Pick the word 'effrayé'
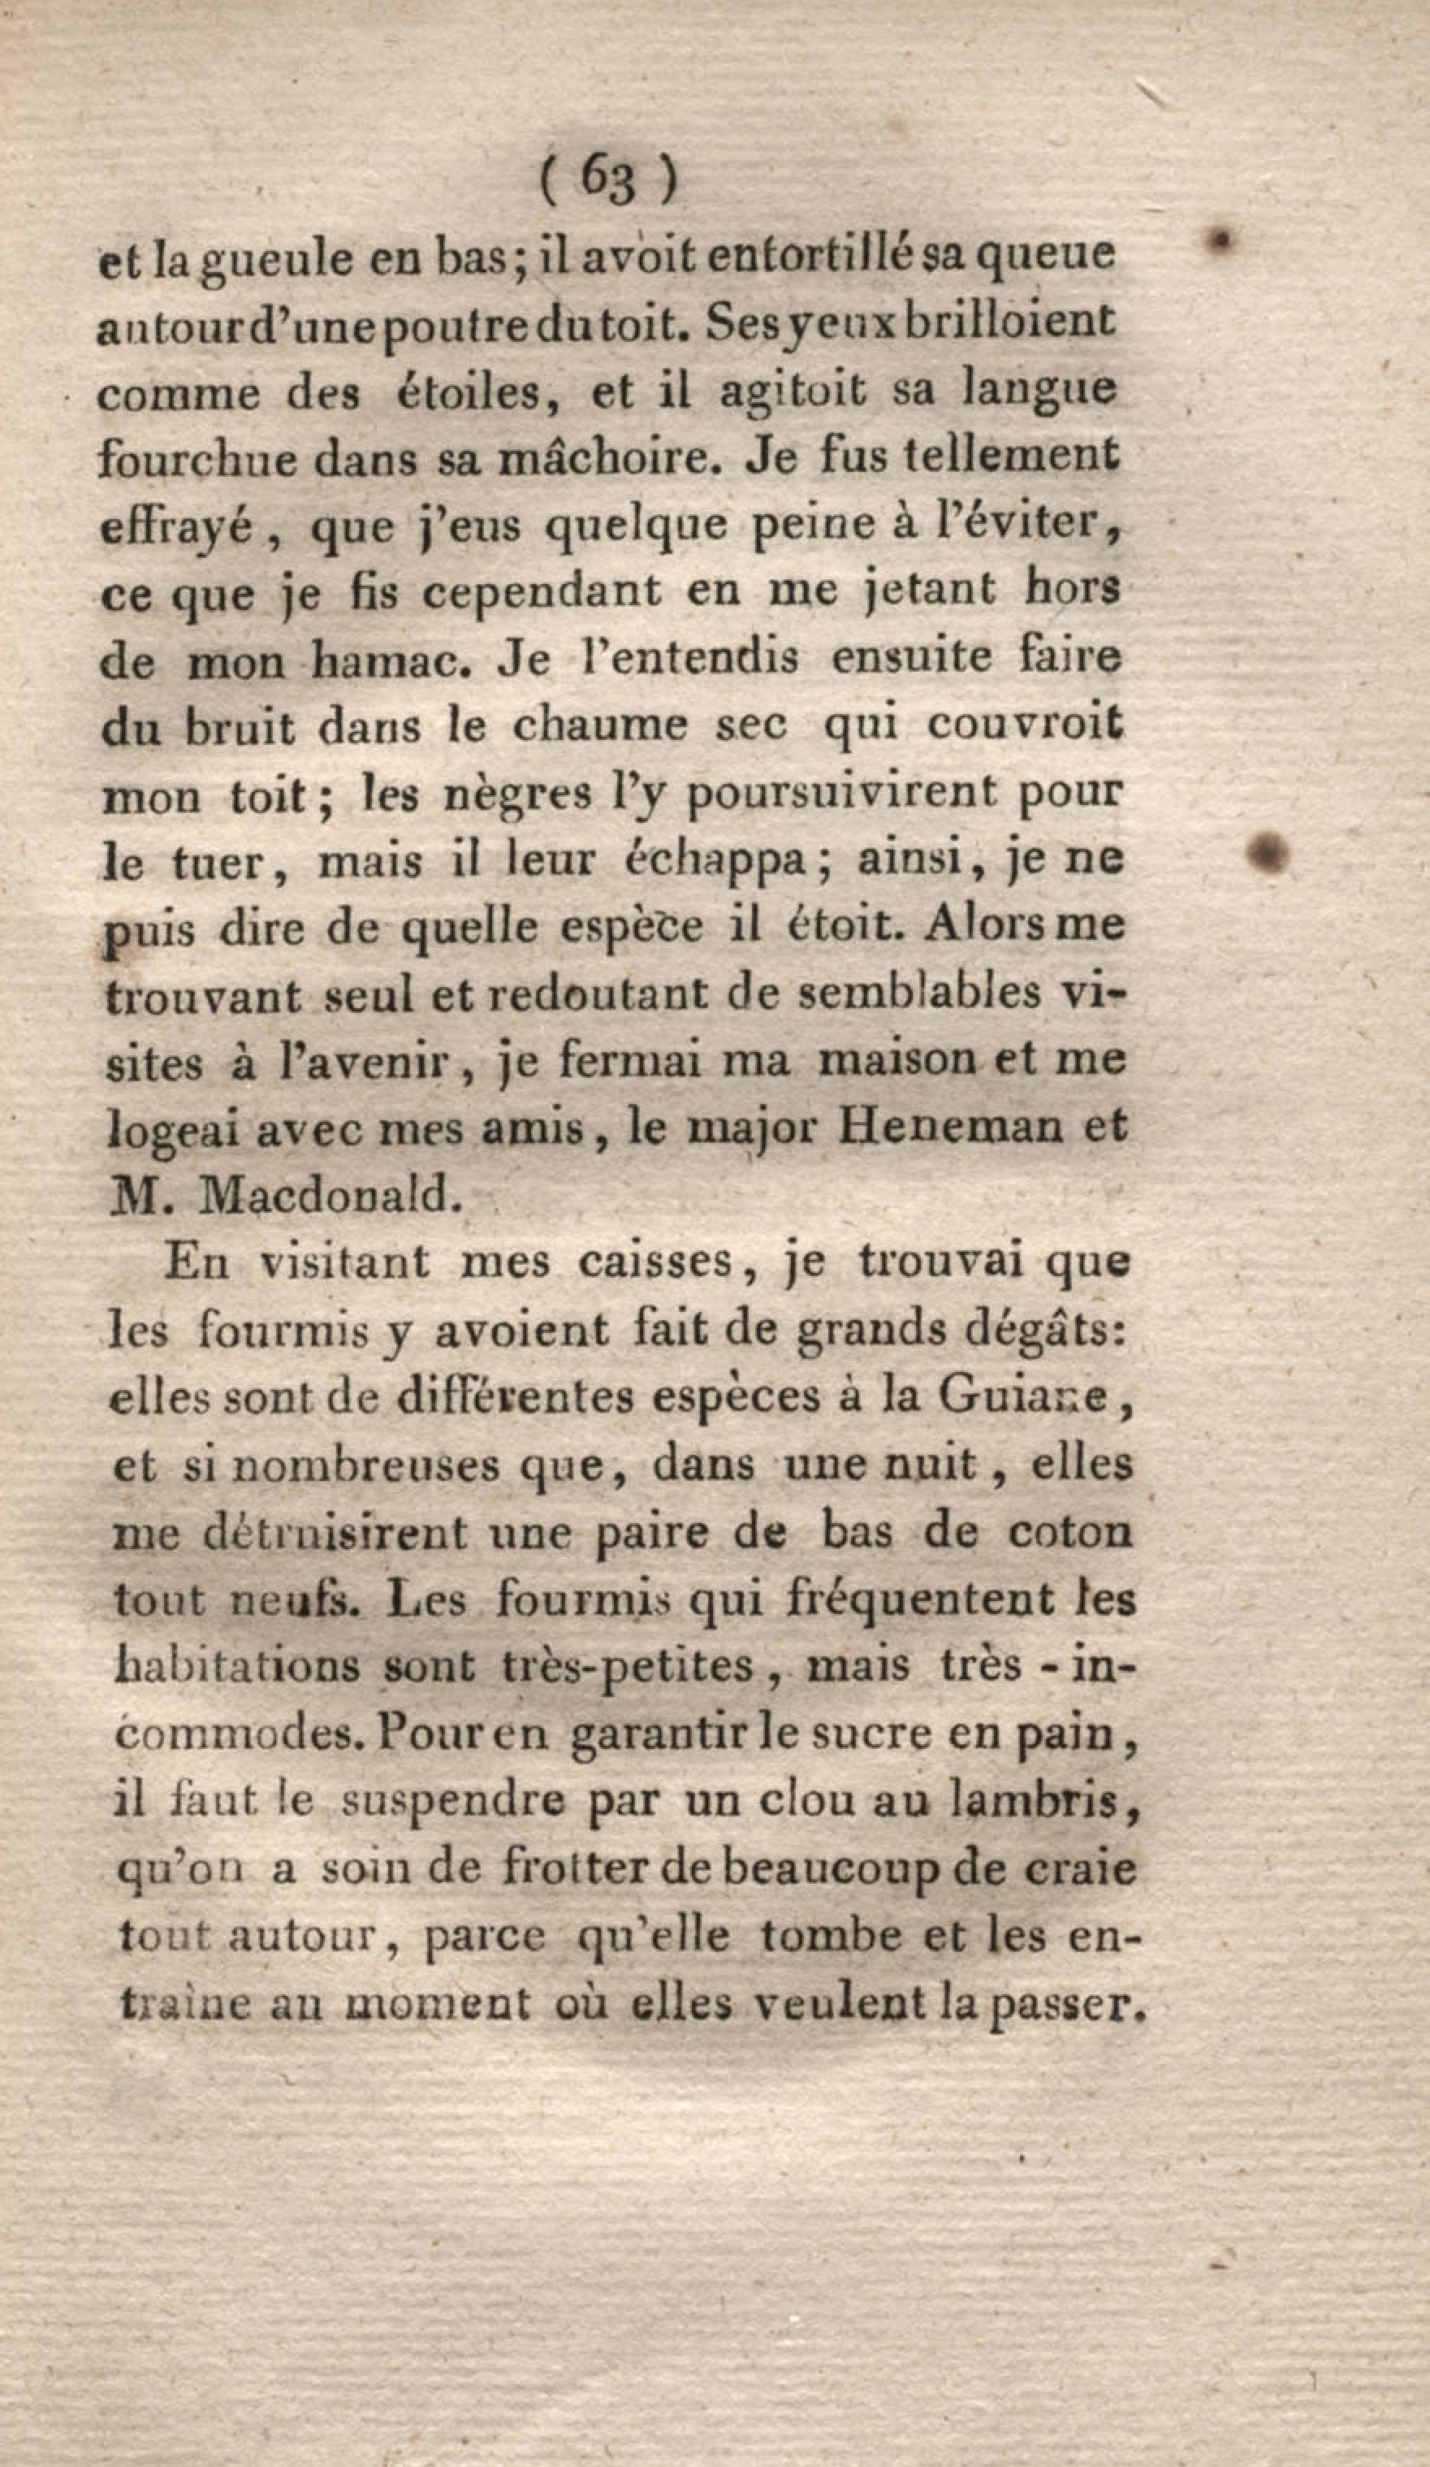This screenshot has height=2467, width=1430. [x=177, y=530]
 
